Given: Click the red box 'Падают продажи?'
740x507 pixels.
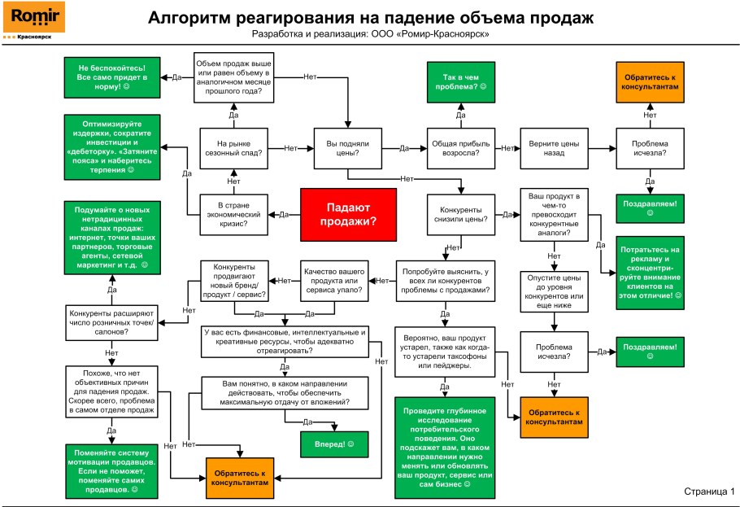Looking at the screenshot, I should point(348,214).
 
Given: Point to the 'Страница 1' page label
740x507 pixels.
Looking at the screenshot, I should point(708,492).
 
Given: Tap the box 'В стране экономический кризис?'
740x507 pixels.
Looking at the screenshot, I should point(233,215).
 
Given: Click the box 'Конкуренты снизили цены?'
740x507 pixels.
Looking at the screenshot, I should point(460,214).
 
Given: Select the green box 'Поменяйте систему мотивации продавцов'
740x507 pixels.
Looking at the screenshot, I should point(112,471).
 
